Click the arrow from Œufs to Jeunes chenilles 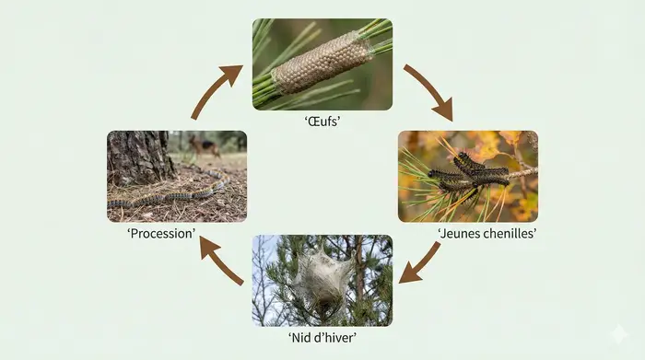click(429, 92)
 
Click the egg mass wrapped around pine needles click(322, 62)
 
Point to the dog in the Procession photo click(205, 145)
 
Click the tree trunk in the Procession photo click(138, 157)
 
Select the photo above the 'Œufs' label click(322, 64)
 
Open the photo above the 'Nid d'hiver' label click(322, 280)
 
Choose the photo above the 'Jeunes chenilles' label click(467, 176)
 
